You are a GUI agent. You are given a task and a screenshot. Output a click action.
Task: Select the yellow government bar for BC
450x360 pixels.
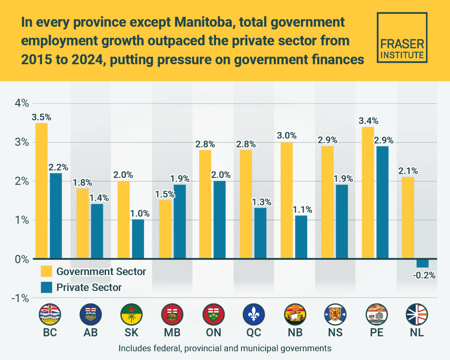point(41,191)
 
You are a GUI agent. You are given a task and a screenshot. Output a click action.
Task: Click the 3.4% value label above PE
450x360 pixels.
point(368,121)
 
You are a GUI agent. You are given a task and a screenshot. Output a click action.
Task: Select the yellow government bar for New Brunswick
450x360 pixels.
point(286,201)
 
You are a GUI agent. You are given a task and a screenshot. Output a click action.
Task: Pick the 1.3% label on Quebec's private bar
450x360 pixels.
point(261,202)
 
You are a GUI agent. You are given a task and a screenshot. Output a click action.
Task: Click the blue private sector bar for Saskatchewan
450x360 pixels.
point(138,239)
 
